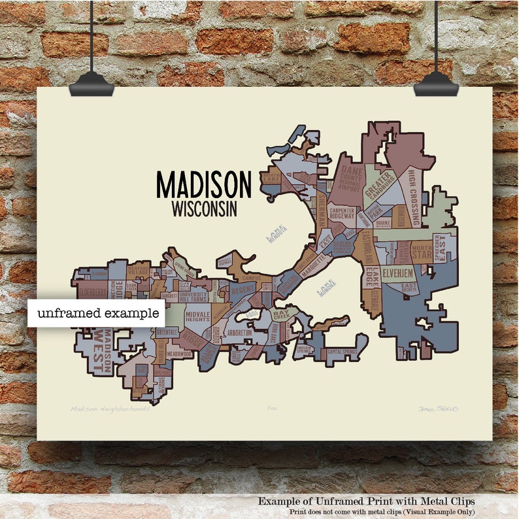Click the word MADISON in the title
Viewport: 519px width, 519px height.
click(203, 184)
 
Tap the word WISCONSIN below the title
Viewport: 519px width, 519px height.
click(203, 209)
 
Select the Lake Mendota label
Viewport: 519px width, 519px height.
click(276, 233)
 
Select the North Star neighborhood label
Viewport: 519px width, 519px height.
click(421, 252)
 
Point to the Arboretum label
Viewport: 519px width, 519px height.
click(240, 333)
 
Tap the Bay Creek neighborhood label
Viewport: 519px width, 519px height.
click(280, 316)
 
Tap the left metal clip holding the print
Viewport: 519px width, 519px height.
click(92, 82)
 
